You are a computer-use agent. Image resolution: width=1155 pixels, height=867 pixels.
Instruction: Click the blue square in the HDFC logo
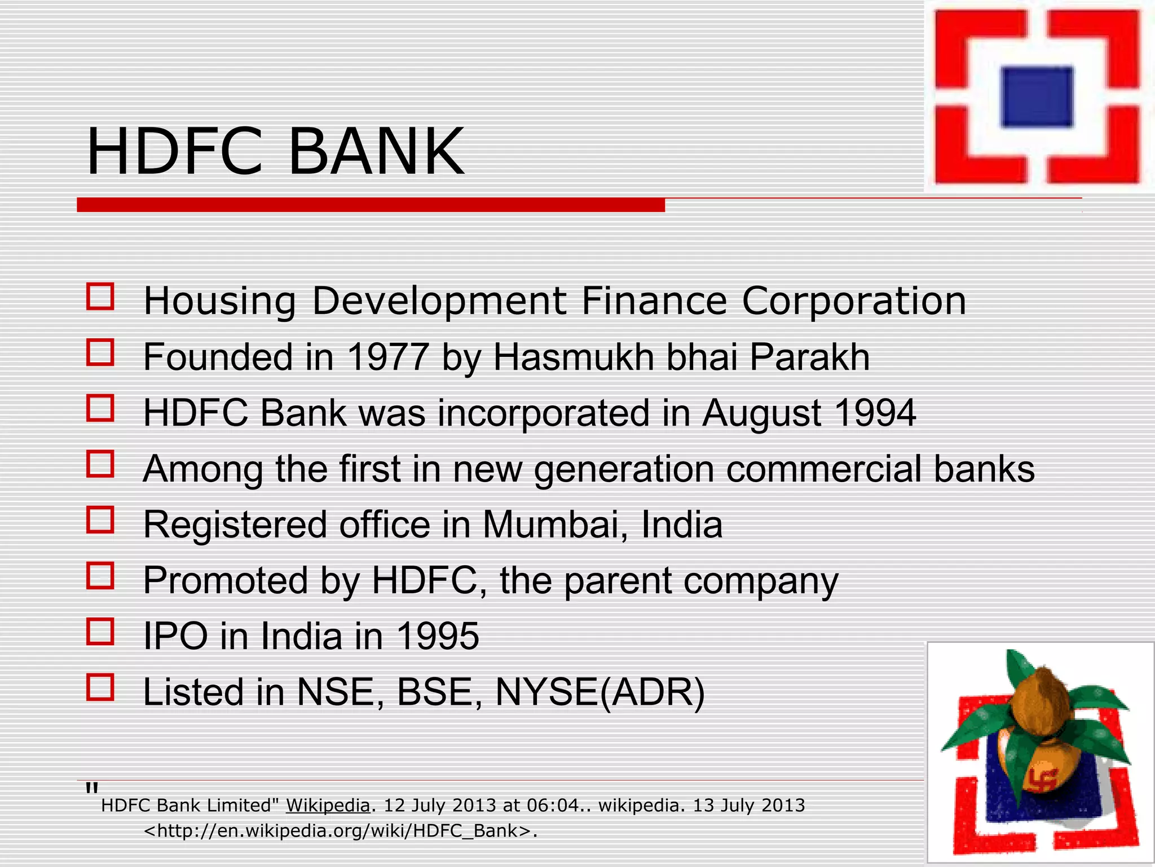(1037, 96)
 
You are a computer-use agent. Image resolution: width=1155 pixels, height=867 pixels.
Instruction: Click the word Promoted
(226, 580)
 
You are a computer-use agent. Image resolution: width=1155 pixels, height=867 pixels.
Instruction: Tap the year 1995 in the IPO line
(438, 636)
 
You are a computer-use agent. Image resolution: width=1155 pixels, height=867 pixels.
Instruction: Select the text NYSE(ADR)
(600, 692)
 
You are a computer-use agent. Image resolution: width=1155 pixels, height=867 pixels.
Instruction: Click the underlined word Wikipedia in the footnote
(328, 805)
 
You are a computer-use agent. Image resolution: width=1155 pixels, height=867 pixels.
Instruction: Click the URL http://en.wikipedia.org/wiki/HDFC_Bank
(338, 831)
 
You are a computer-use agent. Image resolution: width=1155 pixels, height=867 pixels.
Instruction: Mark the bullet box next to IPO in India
(100, 632)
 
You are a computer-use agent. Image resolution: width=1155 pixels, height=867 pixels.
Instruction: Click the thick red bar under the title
(371, 205)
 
